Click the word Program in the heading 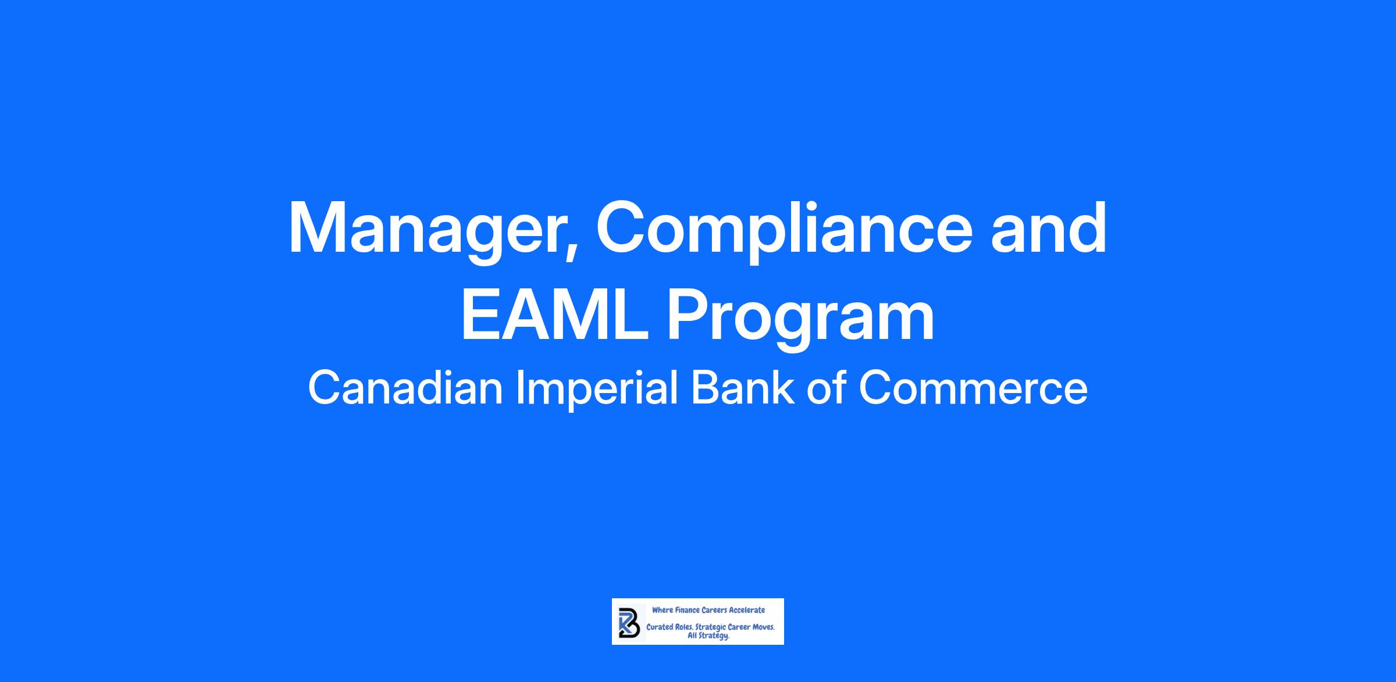tap(802, 320)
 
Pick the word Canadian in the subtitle tap(405, 388)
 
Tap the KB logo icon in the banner tap(629, 622)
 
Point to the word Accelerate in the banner tap(747, 610)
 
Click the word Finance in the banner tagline tap(686, 610)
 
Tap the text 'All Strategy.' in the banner tap(708, 636)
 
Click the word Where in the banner tap(662, 610)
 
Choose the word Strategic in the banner tap(710, 629)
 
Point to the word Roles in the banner tap(685, 628)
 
